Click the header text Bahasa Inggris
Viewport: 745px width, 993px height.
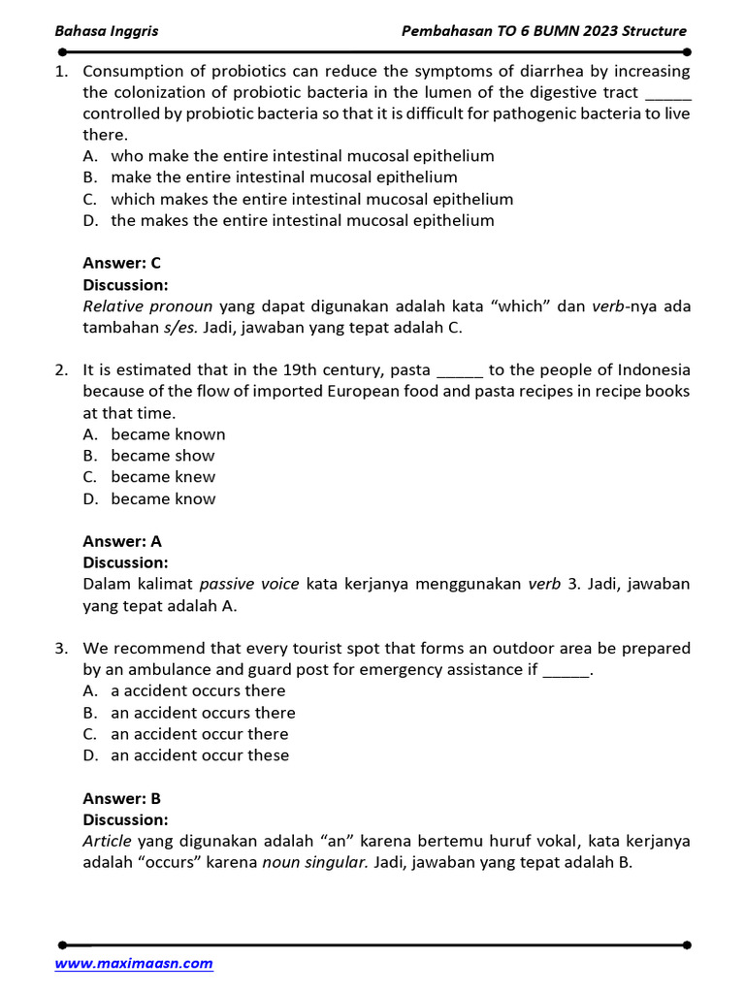(107, 31)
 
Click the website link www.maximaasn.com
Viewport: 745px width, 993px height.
(134, 963)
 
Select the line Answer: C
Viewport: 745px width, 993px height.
(122, 263)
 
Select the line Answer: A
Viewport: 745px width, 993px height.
(122, 541)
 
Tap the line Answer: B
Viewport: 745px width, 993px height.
(122, 799)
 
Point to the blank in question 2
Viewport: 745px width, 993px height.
(461, 370)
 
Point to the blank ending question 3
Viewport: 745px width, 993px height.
(565, 670)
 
